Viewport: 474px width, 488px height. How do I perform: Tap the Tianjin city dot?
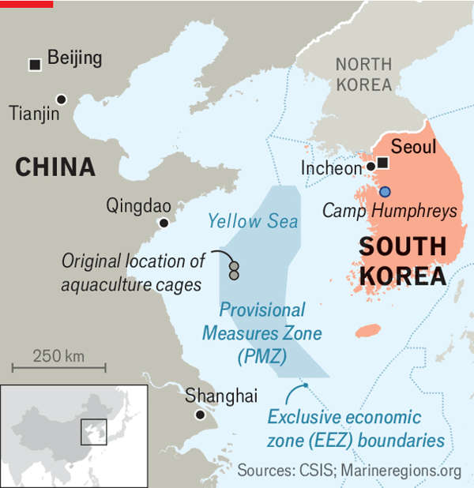pos(61,99)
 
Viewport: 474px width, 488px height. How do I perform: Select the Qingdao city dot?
pos(164,223)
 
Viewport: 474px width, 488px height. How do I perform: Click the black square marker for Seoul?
pos(382,163)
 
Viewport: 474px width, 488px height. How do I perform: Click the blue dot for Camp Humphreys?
pos(385,191)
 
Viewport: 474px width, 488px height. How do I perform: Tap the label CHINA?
pos(55,167)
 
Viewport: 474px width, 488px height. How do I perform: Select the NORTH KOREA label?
pos(363,74)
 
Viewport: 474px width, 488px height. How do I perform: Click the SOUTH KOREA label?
pos(402,261)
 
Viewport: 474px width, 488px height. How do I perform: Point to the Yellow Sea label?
pos(253,220)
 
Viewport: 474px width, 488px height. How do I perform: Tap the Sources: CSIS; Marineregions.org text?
pos(349,471)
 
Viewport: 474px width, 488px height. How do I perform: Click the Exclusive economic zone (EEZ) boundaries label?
pos(355,428)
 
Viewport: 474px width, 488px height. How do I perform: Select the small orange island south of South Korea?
pos(368,330)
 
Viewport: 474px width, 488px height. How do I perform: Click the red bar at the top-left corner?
pos(26,4)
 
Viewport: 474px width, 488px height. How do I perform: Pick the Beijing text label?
pos(75,58)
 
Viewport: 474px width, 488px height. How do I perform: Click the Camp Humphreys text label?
pos(390,211)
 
